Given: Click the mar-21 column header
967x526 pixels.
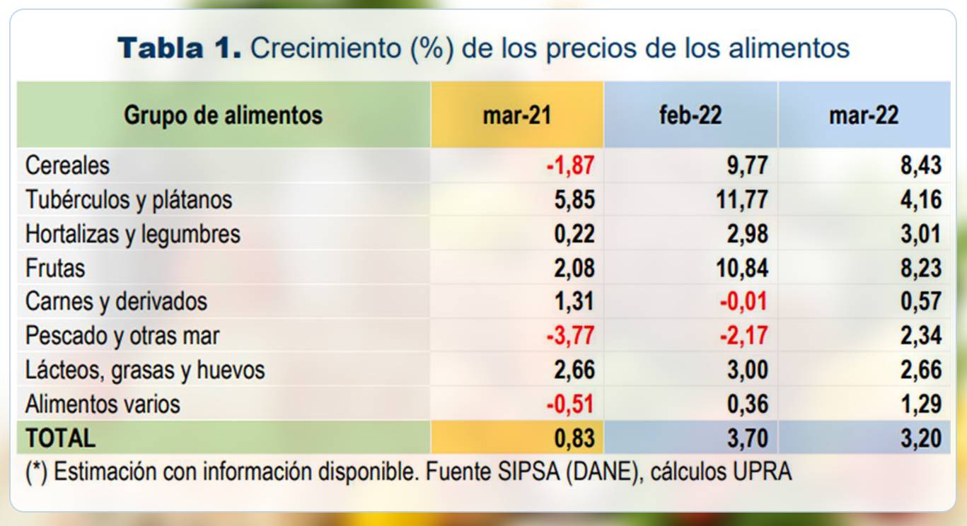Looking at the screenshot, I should [516, 115].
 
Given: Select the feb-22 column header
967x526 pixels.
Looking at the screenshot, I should [690, 115].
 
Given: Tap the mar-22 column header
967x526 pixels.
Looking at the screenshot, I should [864, 115].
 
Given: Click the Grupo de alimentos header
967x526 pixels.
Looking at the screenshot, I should [223, 115].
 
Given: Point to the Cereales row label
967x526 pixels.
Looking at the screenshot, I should [68, 165].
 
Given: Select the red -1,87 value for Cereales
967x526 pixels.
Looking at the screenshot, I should [570, 165].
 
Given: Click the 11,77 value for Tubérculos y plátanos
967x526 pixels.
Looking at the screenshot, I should [741, 199].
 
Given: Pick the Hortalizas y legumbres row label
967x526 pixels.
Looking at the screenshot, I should [133, 234].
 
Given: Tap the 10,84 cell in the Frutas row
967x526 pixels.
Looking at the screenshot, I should [741, 268].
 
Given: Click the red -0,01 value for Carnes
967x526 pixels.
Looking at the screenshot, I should [743, 302].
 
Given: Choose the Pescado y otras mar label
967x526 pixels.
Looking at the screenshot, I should [122, 336].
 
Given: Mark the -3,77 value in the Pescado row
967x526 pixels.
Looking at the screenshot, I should [570, 336].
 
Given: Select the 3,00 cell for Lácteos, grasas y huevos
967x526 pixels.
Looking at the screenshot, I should [748, 370].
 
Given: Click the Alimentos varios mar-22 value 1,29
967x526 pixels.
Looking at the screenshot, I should [921, 404].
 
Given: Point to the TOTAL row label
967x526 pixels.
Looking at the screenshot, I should [60, 438].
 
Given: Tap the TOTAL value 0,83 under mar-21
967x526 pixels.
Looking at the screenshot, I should [574, 438].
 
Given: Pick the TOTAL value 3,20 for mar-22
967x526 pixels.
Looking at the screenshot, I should [921, 438].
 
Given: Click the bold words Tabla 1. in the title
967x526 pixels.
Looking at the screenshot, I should [180, 48].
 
